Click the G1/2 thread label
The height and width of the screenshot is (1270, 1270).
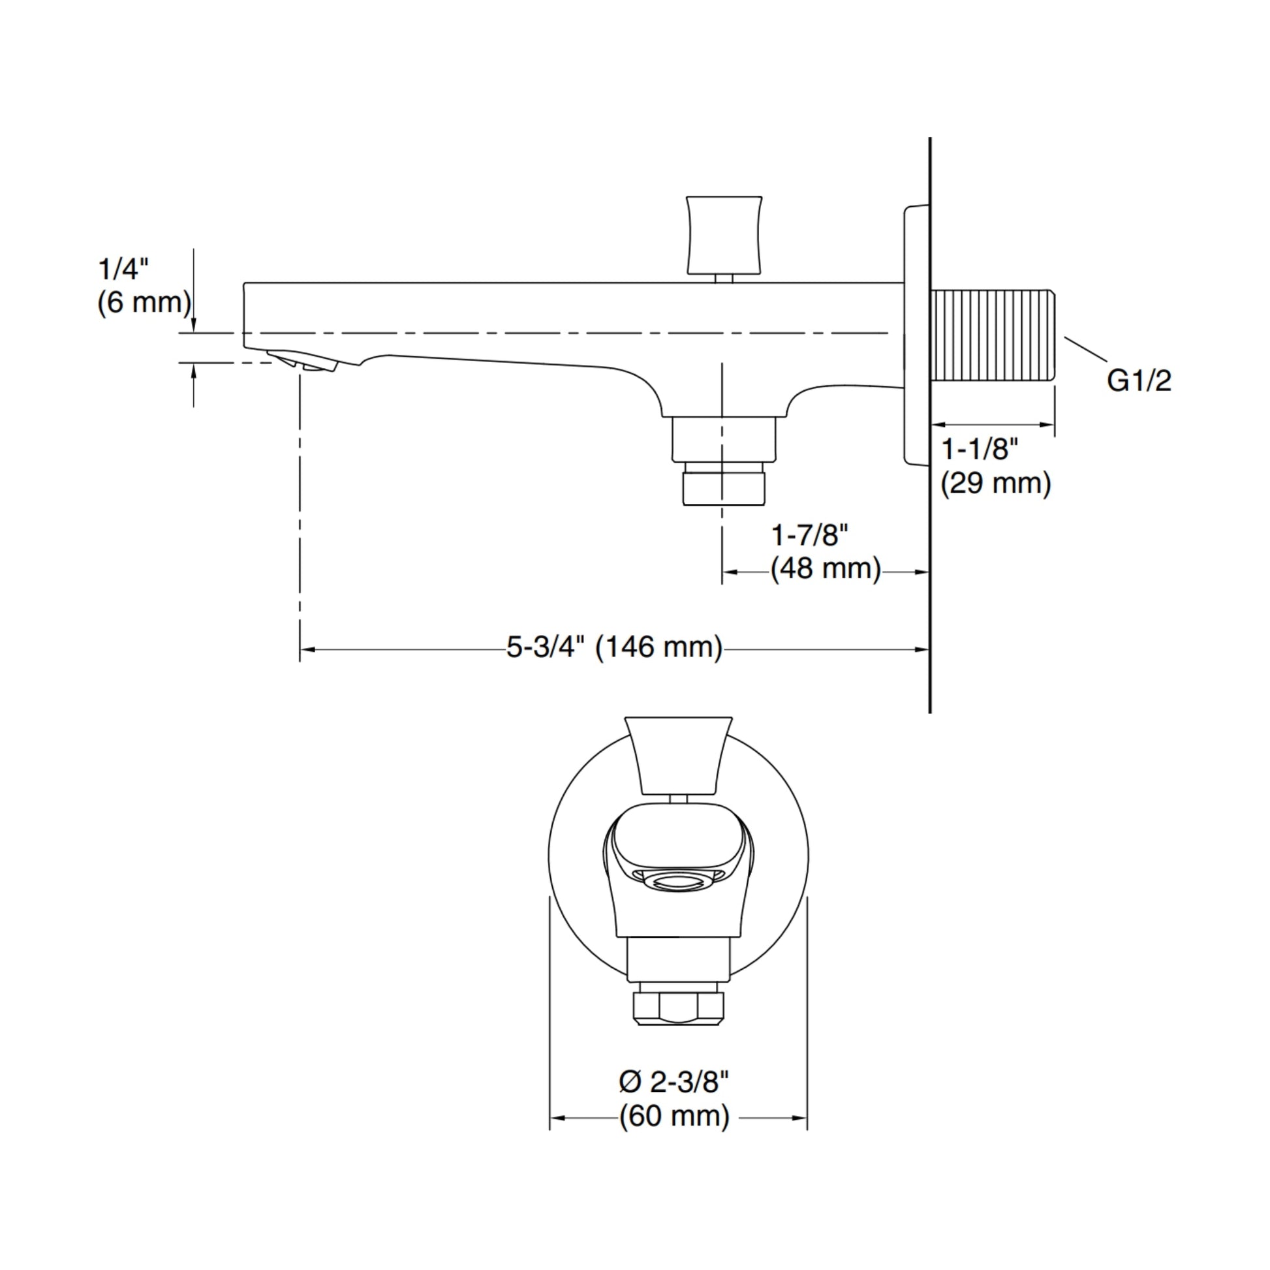pos(1139,381)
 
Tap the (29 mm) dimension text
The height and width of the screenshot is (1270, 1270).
pos(996,484)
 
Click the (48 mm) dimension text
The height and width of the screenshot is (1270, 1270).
pos(826,568)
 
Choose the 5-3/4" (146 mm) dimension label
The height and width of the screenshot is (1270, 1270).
pos(614,647)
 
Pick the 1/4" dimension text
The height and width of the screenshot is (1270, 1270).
pos(123,269)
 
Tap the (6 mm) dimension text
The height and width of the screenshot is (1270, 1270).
pos(145,303)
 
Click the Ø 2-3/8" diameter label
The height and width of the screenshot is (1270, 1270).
pos(674,1082)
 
